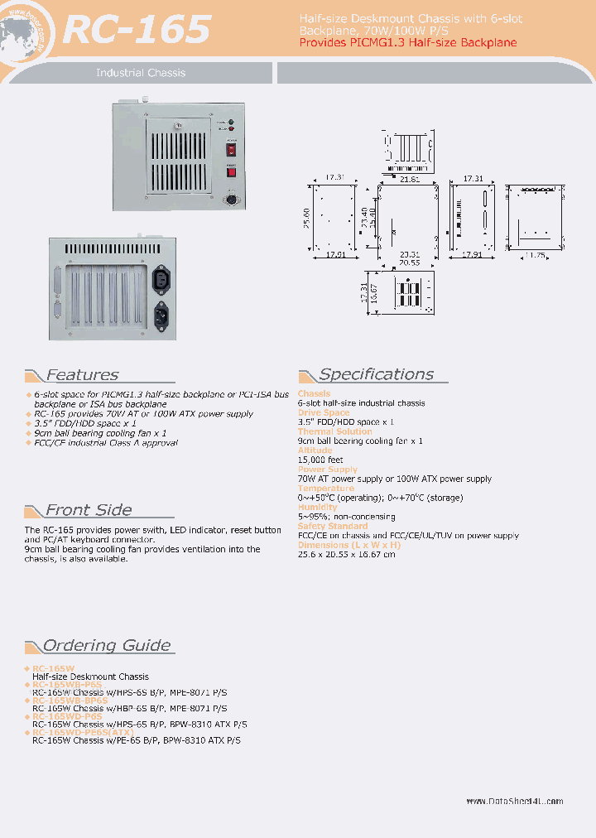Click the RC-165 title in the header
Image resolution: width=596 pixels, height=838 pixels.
coord(137,30)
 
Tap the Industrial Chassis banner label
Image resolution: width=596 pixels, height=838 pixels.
coord(141,73)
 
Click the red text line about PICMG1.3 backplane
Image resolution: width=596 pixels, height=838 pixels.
coord(407,42)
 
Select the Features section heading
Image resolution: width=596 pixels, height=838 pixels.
coord(81,375)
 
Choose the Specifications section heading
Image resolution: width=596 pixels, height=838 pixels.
coord(376,374)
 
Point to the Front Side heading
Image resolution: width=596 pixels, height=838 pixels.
coord(88,510)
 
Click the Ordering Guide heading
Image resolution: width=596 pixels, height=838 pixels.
coord(107,646)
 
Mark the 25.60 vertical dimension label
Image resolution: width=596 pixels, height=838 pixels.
coord(306,217)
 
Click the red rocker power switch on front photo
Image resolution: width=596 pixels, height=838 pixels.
coord(232,152)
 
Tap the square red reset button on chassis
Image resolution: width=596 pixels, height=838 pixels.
coord(232,171)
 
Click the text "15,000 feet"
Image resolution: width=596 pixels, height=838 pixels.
coord(320,460)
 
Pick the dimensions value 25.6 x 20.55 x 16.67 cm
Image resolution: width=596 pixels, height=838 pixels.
coord(346,554)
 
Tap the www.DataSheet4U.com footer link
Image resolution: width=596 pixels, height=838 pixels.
coord(514,801)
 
